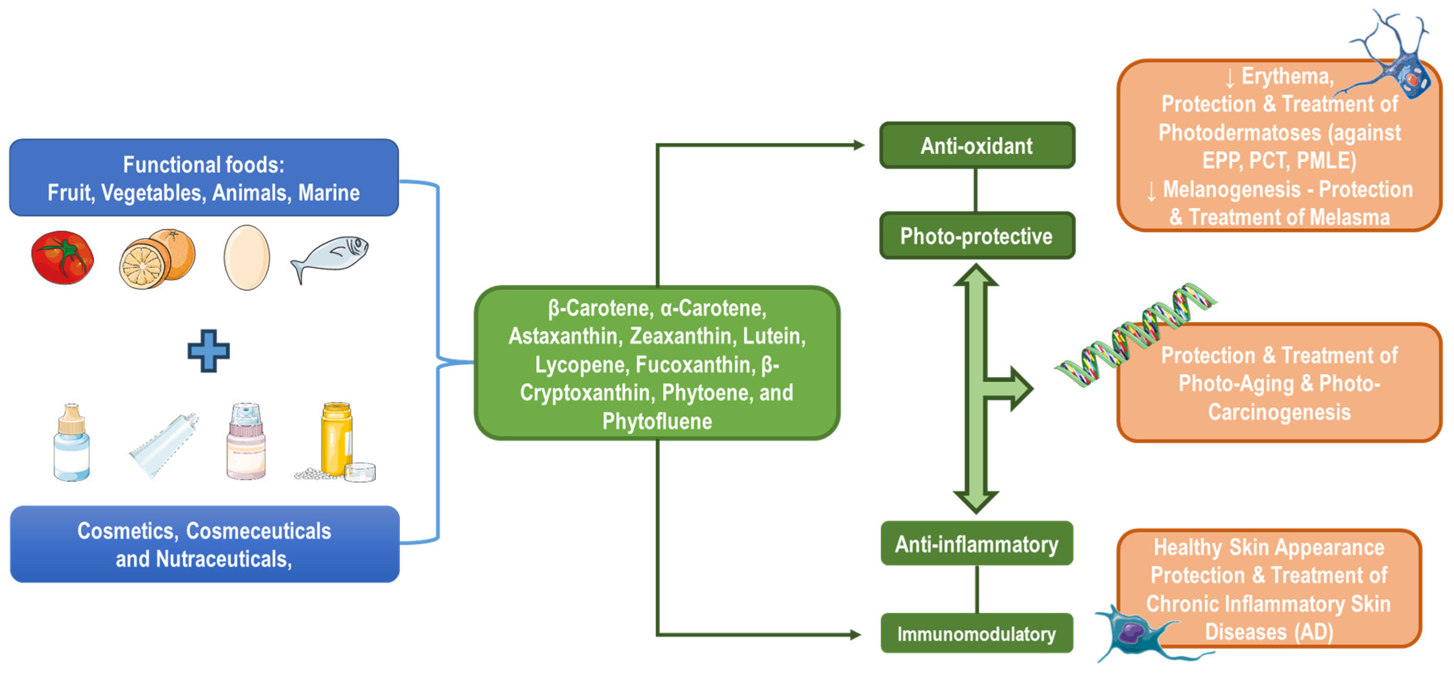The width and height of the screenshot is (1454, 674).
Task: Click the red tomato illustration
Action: coord(62,258)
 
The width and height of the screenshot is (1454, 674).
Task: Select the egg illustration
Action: coord(247,257)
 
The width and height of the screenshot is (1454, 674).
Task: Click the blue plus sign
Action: coord(209,351)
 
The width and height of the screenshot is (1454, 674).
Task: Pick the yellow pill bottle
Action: coord(337,439)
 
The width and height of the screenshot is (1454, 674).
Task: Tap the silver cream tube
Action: coord(164,445)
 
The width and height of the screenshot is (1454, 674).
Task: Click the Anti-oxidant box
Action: coord(976,146)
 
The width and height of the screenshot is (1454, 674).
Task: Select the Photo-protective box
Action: coord(976,236)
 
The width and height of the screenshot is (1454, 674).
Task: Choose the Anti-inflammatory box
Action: coord(976,544)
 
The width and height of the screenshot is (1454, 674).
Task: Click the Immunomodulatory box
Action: coord(976,634)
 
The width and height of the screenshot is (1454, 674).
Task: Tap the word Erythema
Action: coord(1288,76)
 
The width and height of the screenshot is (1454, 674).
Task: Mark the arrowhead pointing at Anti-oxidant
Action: coord(859,145)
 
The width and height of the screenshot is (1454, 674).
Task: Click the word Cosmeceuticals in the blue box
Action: coord(259,531)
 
